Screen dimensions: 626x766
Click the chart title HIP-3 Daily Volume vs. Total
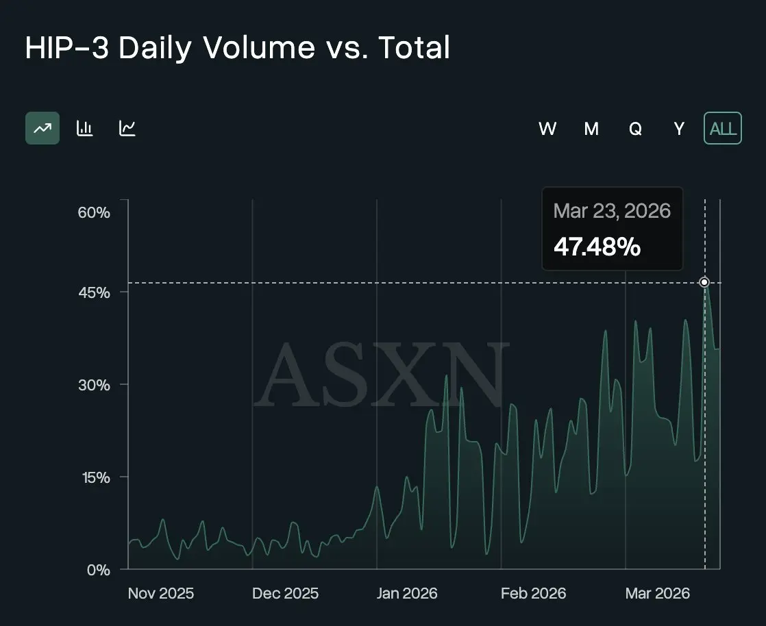[x=237, y=49]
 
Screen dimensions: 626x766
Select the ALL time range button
[x=723, y=128]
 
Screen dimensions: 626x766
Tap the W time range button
[x=547, y=128]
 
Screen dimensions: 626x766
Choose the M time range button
[x=591, y=128]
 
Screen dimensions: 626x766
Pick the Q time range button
[x=635, y=128]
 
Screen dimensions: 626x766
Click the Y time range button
[x=679, y=128]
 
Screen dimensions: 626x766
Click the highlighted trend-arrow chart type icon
[x=42, y=128]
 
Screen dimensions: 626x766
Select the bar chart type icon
[x=85, y=128]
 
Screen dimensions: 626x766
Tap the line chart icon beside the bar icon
[x=127, y=128]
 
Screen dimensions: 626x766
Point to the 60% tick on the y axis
[x=94, y=212]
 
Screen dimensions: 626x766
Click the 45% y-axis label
[x=94, y=292]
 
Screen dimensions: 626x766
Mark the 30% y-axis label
[x=94, y=385]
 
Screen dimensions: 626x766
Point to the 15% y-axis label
[x=94, y=477]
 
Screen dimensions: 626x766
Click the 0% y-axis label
[x=98, y=570]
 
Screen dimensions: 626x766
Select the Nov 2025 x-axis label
[x=161, y=593]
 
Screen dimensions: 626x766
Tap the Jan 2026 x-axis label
[x=407, y=593]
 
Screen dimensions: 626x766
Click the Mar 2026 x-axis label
[x=658, y=593]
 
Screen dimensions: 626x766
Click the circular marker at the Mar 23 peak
[x=704, y=282]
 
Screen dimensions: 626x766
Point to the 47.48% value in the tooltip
[x=597, y=247]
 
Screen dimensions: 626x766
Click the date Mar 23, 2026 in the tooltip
[x=612, y=210]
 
